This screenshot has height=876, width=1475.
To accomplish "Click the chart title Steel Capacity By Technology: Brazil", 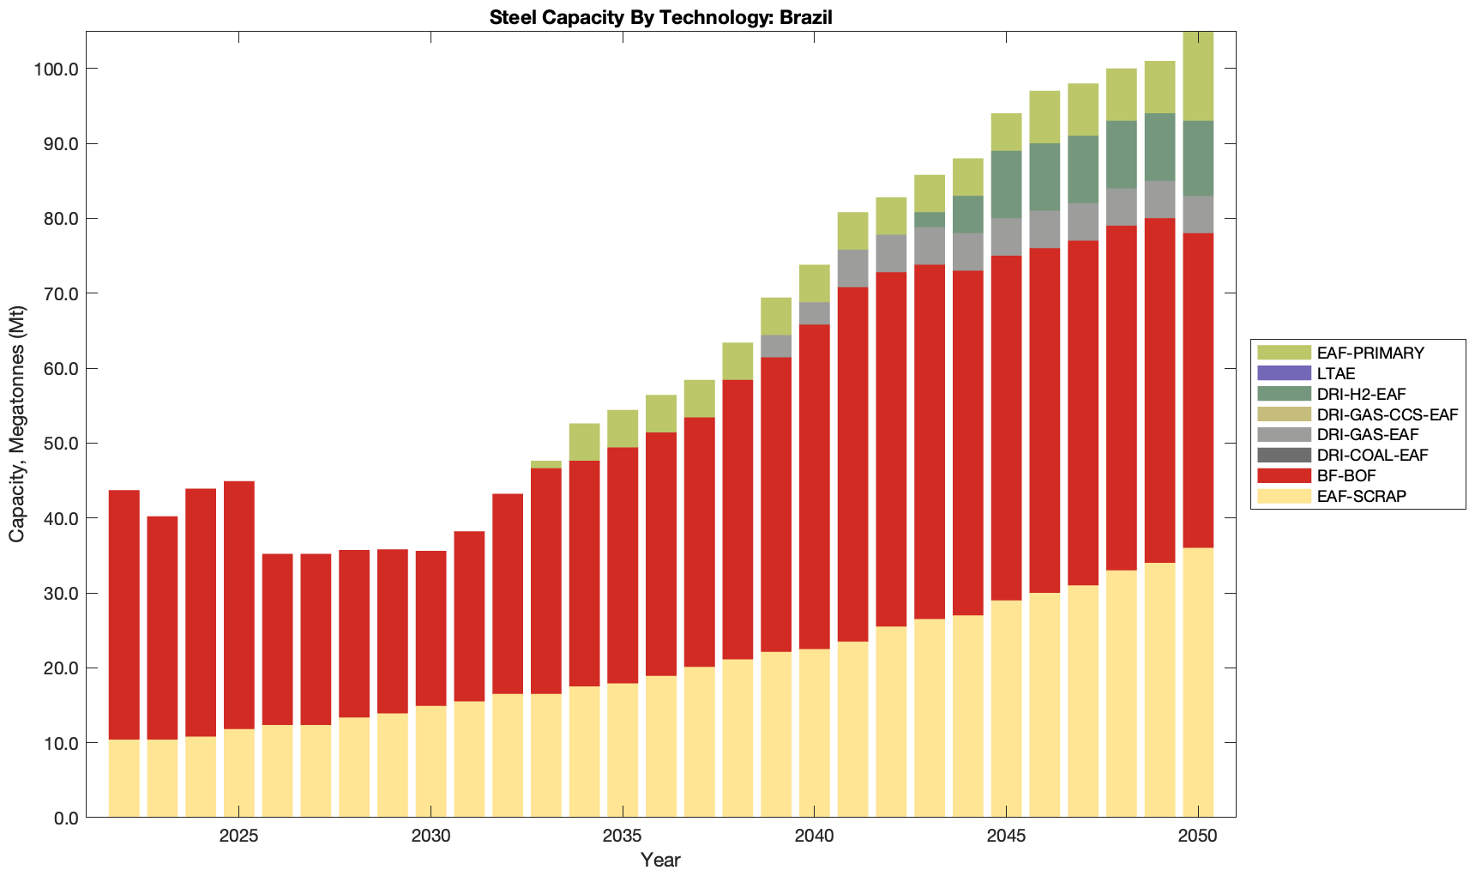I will [x=660, y=17].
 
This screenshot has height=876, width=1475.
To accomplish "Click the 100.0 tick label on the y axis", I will [x=57, y=69].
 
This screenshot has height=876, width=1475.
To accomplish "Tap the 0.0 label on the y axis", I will [x=64, y=819].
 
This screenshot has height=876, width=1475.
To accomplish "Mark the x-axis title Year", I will [x=660, y=860].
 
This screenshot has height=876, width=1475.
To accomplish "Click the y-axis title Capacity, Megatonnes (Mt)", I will [x=17, y=426].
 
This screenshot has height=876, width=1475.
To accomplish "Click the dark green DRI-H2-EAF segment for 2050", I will [x=1198, y=158].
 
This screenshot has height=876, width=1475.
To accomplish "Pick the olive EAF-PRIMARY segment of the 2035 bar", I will [x=623, y=428].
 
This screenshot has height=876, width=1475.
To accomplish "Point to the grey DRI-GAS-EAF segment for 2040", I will [x=815, y=313].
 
